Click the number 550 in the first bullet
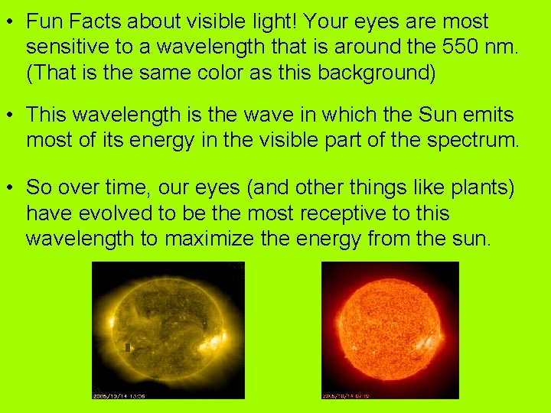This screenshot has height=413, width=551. [462, 47]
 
